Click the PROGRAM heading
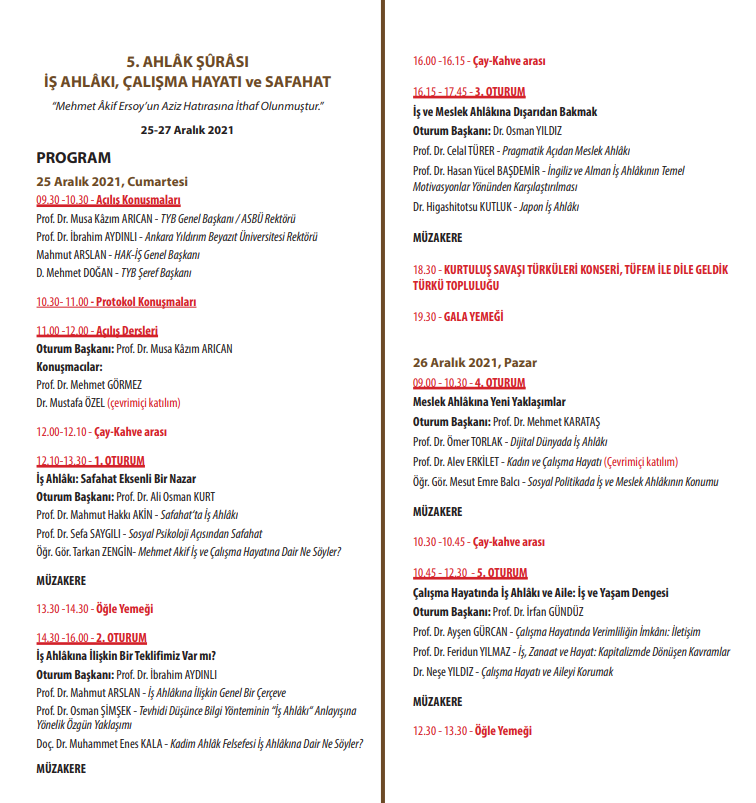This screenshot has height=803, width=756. pos(74,158)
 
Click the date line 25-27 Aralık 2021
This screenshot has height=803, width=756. pos(187,130)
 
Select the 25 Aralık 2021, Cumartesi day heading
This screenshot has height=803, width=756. pos(112,182)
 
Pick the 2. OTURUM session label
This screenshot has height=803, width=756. pos(120,638)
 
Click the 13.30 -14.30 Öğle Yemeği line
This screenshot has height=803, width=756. pos(94,609)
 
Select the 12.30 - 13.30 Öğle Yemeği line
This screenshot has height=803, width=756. pos(472,731)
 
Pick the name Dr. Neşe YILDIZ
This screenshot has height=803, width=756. pos(444,672)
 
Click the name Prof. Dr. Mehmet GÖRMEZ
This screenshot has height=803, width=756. pos(89,385)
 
